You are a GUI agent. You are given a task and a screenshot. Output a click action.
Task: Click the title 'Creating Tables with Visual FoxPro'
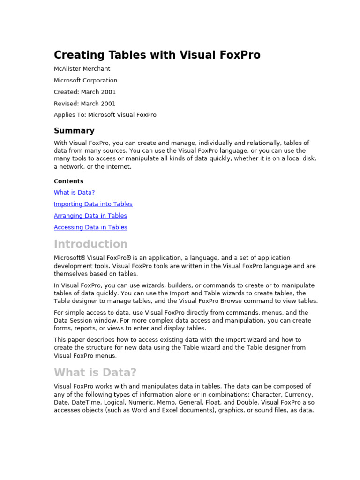coord(157,55)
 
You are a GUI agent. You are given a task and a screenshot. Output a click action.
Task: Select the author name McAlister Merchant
coord(82,69)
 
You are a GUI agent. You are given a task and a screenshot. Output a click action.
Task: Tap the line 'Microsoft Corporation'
coord(85,81)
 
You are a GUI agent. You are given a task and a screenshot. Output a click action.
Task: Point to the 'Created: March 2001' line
coord(85,92)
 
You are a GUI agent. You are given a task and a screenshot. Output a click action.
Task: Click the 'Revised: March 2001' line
coord(84,104)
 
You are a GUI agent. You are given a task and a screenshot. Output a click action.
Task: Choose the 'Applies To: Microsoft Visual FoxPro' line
coord(105,115)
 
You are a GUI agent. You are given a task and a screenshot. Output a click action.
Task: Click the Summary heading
coord(74,131)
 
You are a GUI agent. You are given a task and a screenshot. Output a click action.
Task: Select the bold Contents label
coord(68,181)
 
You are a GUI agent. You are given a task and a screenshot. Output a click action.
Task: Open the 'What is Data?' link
coord(74,193)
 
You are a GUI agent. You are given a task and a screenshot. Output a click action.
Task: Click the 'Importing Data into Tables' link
coord(93,204)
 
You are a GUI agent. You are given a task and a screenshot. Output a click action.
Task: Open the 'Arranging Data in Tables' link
coord(90,216)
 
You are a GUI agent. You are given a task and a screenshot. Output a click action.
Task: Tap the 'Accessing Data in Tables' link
coord(90,227)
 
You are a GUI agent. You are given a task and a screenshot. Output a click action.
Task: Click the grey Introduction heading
coord(90,244)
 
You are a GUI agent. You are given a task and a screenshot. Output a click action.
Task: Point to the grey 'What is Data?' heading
coord(95,373)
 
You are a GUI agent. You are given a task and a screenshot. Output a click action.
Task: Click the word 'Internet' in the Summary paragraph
coord(118,167)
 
